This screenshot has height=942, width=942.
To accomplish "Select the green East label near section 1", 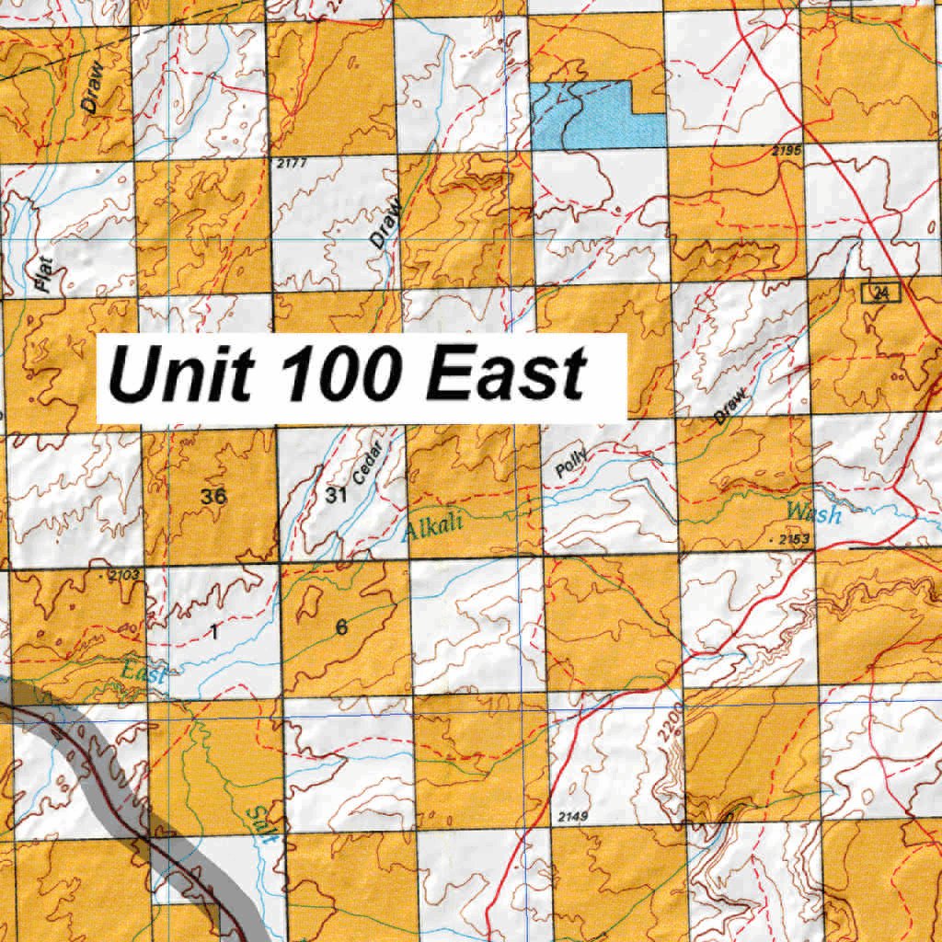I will point(144,673).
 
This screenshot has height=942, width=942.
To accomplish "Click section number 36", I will point(213,496).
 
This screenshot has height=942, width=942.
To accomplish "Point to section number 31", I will point(336,496).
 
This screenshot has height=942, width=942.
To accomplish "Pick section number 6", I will point(341,628).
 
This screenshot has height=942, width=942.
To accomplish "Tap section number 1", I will point(213,632).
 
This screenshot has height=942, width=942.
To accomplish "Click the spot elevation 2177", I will point(290,164).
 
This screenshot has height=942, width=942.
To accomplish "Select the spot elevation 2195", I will point(787,150).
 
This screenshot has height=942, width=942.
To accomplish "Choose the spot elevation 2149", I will point(572,816).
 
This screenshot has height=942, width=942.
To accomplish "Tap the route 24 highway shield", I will point(881,293).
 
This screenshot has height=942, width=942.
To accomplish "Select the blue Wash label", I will point(813,513).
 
